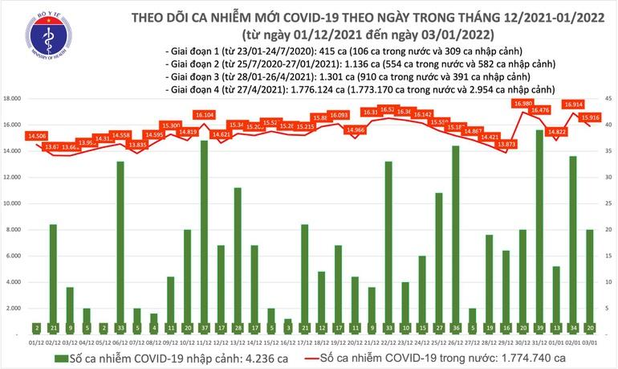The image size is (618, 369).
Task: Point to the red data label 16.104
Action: [205, 116]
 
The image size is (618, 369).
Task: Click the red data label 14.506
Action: [36, 136]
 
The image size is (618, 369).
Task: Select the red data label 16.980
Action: [523, 104]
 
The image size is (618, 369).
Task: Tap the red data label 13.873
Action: [506, 144]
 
